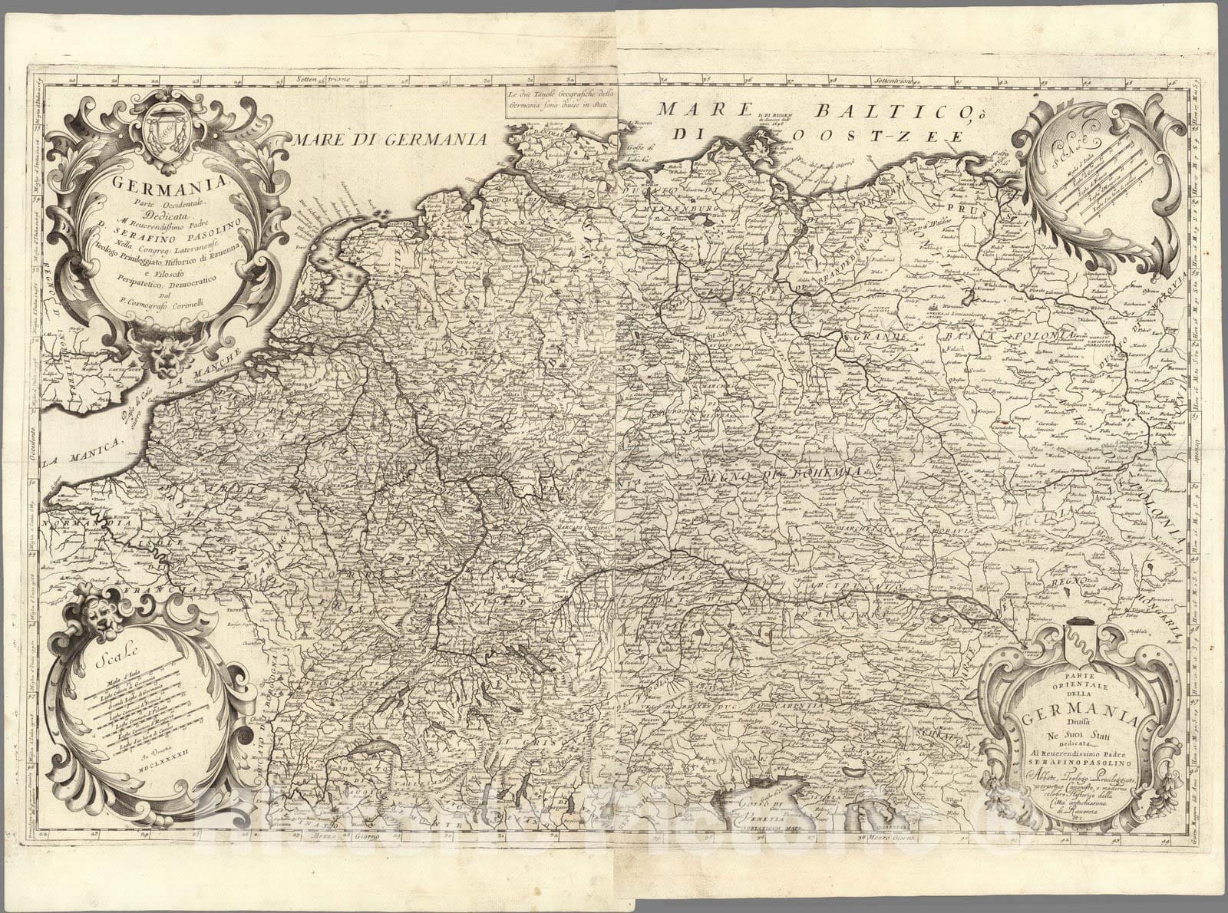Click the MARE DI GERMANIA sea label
click(x=390, y=139)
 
